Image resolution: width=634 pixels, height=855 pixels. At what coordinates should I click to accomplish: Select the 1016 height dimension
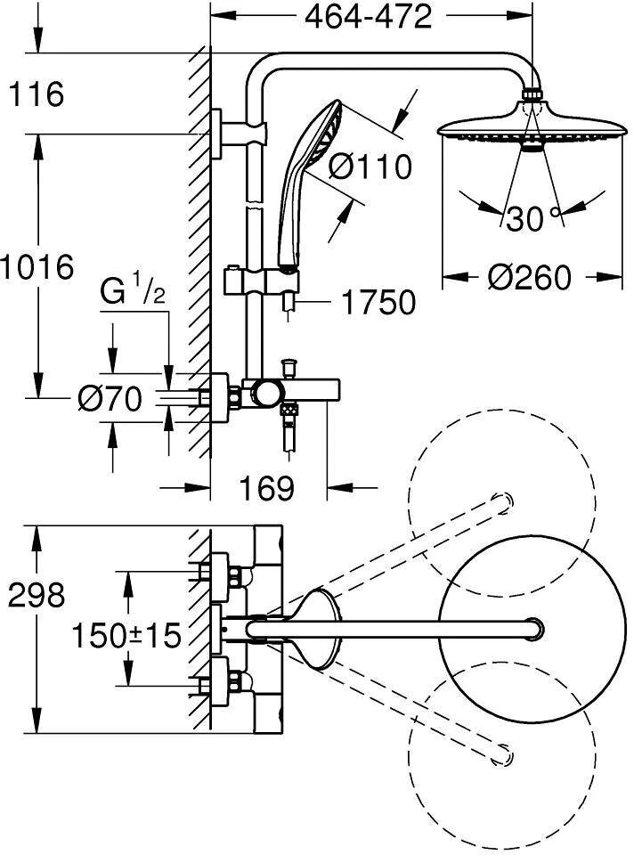point(37,266)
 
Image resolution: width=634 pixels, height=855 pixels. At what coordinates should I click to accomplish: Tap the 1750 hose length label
point(378,303)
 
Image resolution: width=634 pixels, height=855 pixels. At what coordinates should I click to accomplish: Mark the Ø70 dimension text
point(110,400)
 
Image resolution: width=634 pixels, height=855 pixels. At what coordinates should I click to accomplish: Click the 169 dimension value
point(266,487)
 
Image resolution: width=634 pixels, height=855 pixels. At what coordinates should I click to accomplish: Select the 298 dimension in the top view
point(36,594)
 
